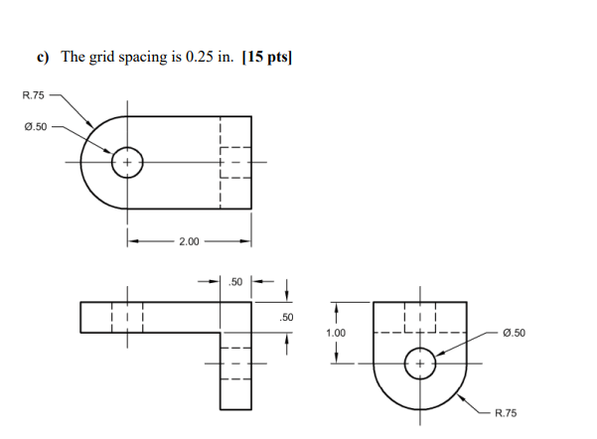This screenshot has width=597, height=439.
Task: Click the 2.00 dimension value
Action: (x=188, y=241)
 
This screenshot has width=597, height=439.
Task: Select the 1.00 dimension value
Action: (x=336, y=333)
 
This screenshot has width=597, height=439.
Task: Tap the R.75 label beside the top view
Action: (x=33, y=95)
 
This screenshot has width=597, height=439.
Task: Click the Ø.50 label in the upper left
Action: (x=34, y=127)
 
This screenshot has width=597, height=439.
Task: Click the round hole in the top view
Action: (x=127, y=162)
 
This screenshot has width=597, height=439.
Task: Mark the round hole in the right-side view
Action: (x=419, y=364)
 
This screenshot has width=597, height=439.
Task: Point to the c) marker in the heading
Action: (x=44, y=58)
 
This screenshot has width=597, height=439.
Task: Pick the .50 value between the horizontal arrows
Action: (x=236, y=282)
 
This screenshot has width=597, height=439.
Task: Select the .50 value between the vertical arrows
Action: (x=286, y=317)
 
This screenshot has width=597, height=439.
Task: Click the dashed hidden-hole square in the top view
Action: (x=234, y=162)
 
